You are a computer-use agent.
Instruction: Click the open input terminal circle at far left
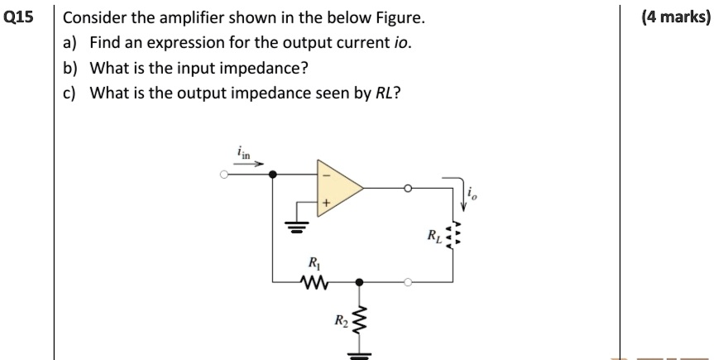click(x=223, y=175)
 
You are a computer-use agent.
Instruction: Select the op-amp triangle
click(x=338, y=188)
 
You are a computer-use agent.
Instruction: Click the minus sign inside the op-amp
click(x=326, y=175)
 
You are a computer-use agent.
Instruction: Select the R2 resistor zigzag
click(x=359, y=319)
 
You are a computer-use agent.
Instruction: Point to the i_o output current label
click(x=472, y=195)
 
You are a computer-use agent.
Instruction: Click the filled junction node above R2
click(x=359, y=282)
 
